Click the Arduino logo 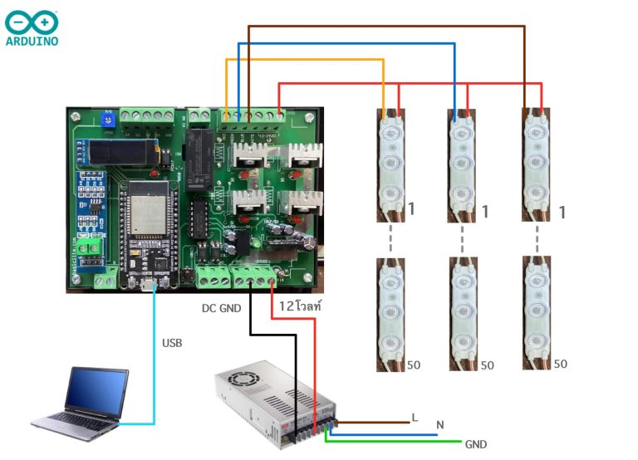[x=32, y=27]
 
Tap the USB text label [x=172, y=343]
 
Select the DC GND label [x=220, y=308]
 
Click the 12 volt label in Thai [x=298, y=306]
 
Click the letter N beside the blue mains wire [x=439, y=426]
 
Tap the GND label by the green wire [x=476, y=444]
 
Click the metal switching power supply [x=274, y=404]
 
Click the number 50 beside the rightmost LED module [x=561, y=364]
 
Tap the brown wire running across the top [x=386, y=26]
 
